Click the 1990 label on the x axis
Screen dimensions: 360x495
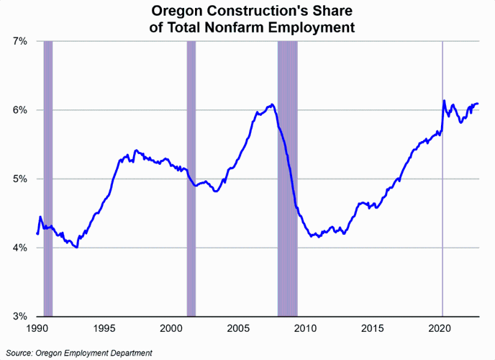point(37,328)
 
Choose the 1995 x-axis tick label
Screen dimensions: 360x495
point(104,328)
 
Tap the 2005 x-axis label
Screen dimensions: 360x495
point(239,328)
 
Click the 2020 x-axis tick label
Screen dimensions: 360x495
point(440,328)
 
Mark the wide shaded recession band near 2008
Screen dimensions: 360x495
point(288,180)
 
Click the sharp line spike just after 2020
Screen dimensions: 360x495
point(444,102)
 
